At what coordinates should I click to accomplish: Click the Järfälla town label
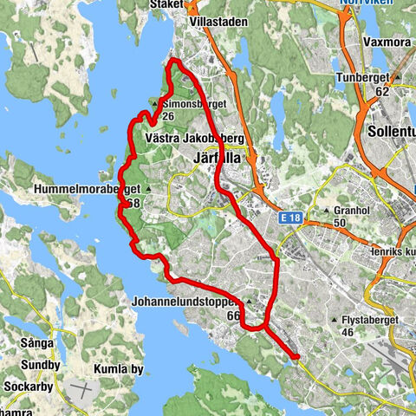tap(216, 157)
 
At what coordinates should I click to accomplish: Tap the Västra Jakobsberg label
tap(195, 139)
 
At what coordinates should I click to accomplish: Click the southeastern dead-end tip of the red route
tap(296, 356)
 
